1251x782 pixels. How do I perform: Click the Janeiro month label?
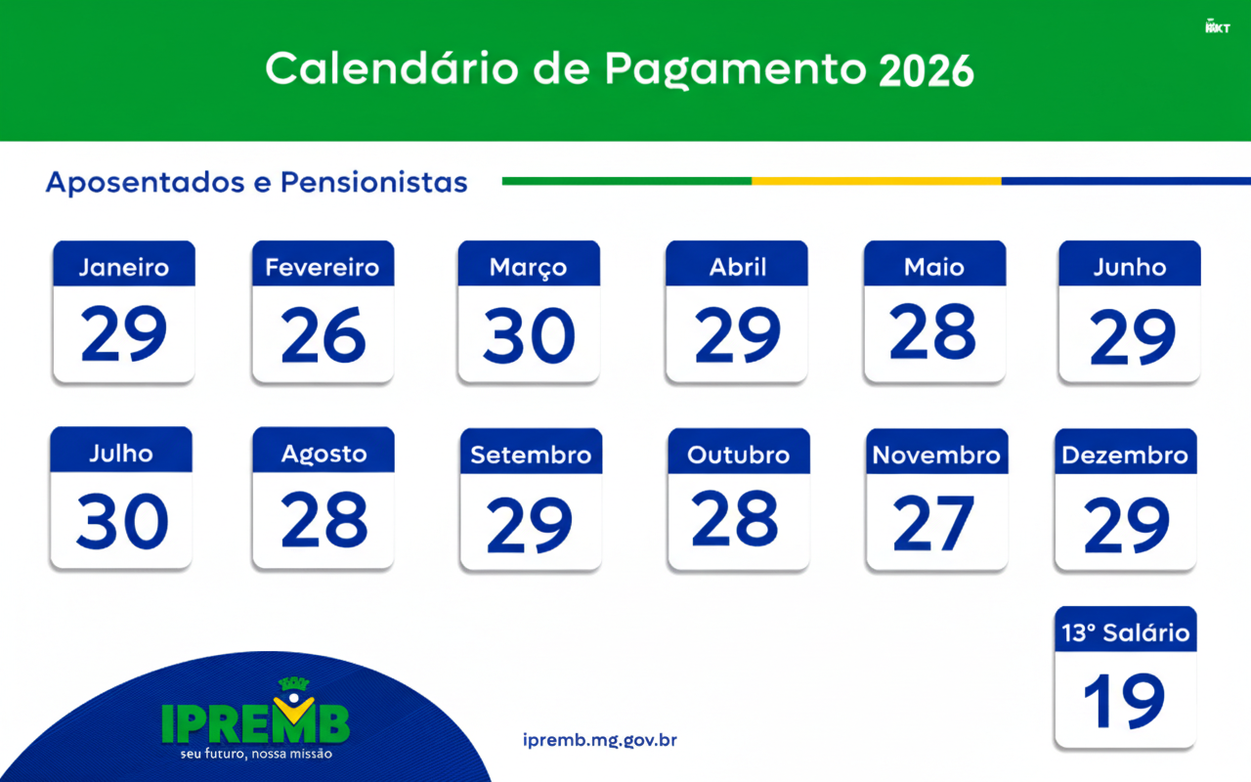(124, 268)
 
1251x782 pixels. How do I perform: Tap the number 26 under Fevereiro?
(324, 334)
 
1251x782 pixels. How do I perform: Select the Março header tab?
(529, 264)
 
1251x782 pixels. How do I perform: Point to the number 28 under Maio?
(932, 330)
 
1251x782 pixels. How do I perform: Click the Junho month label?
(1130, 268)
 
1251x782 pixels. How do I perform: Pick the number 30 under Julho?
(122, 521)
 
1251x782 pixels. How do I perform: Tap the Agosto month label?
(324, 455)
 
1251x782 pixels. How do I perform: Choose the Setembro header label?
(531, 456)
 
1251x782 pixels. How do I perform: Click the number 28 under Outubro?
(734, 518)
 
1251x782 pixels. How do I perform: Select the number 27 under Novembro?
(933, 523)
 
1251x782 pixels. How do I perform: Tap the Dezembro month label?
(1125, 456)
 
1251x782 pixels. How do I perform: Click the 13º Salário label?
(1125, 632)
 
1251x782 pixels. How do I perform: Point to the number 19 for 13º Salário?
(1124, 701)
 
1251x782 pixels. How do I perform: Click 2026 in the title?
(927, 71)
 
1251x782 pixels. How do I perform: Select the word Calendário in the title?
(392, 68)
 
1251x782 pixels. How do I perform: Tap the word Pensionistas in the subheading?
(373, 182)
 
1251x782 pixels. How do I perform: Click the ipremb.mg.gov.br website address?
(600, 740)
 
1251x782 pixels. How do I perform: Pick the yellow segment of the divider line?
(877, 181)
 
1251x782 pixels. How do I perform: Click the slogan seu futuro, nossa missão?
(256, 754)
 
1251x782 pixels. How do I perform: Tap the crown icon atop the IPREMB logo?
(294, 683)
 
